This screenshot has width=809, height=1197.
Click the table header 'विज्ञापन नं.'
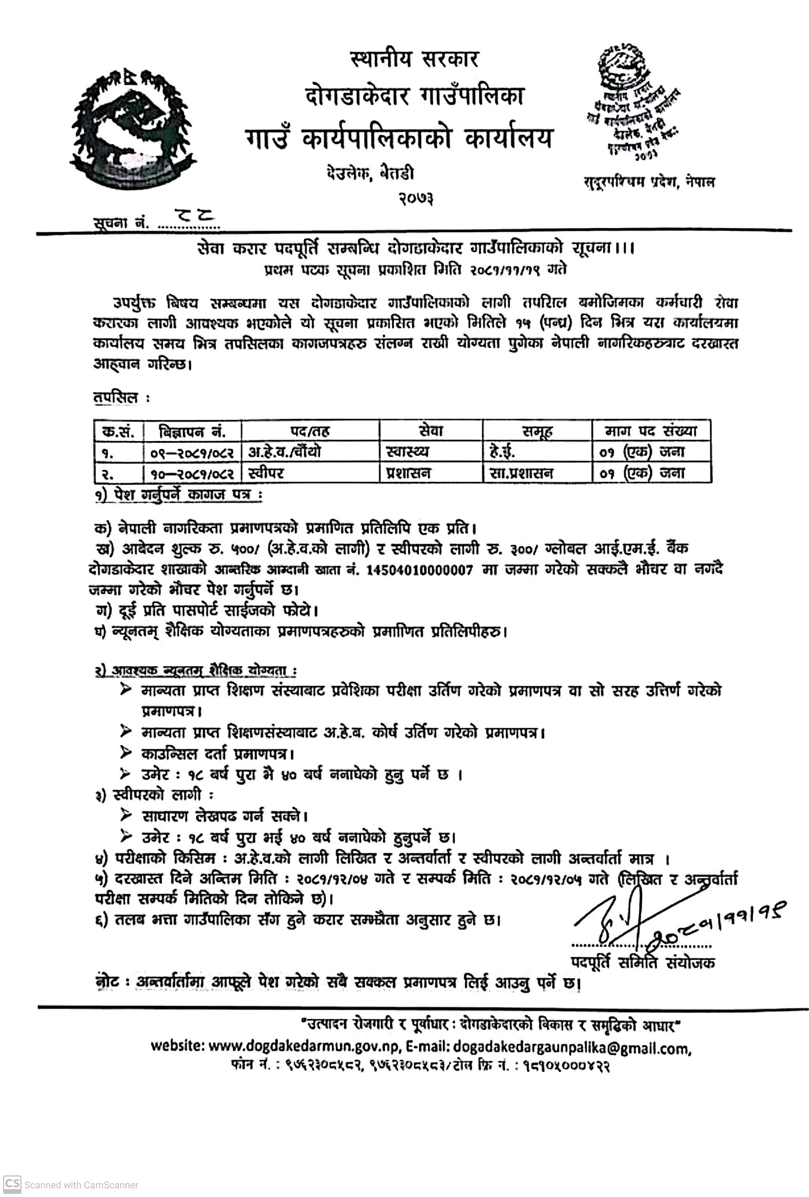tap(192, 431)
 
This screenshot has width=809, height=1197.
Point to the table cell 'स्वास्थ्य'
tap(407, 452)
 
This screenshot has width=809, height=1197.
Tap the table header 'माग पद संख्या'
tap(651, 431)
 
